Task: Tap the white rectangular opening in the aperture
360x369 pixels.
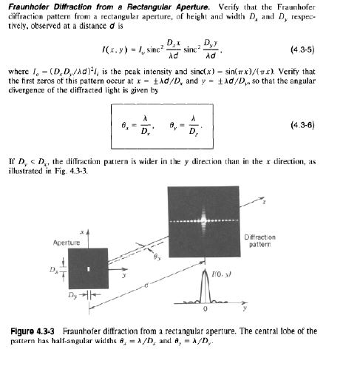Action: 88,269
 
